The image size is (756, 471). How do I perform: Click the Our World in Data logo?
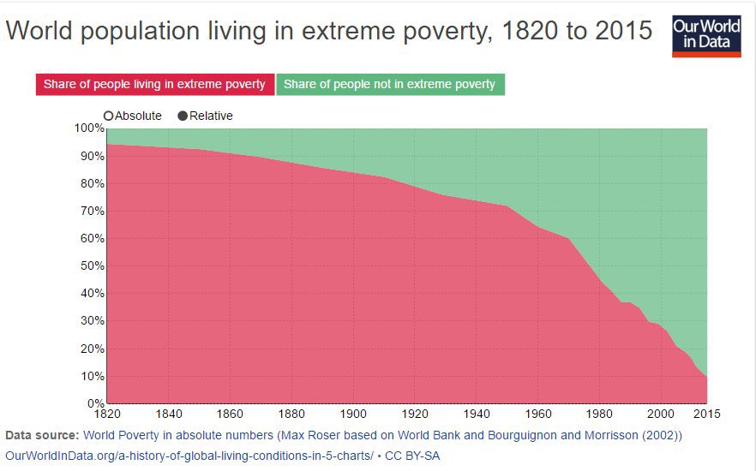pyautogui.click(x=705, y=34)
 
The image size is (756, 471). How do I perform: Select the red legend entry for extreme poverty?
pyautogui.click(x=154, y=85)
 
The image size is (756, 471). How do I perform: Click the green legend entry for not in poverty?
pyautogui.click(x=389, y=85)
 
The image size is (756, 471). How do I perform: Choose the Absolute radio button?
pyautogui.click(x=109, y=116)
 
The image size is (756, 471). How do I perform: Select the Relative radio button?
pyautogui.click(x=183, y=116)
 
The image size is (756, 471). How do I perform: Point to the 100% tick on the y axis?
pyautogui.click(x=88, y=128)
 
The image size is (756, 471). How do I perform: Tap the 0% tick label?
pyautogui.click(x=93, y=403)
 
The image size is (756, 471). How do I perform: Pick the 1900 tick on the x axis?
pyautogui.click(x=353, y=414)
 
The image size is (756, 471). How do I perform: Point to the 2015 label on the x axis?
pyautogui.click(x=705, y=414)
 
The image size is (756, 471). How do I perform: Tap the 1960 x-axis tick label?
pyautogui.click(x=537, y=414)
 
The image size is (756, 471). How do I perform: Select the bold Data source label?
pyautogui.click(x=42, y=435)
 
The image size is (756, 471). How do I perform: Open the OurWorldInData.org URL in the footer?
pyautogui.click(x=189, y=456)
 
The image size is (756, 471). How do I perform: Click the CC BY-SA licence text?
pyautogui.click(x=412, y=456)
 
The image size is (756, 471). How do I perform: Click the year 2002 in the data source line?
pyautogui.click(x=662, y=435)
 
